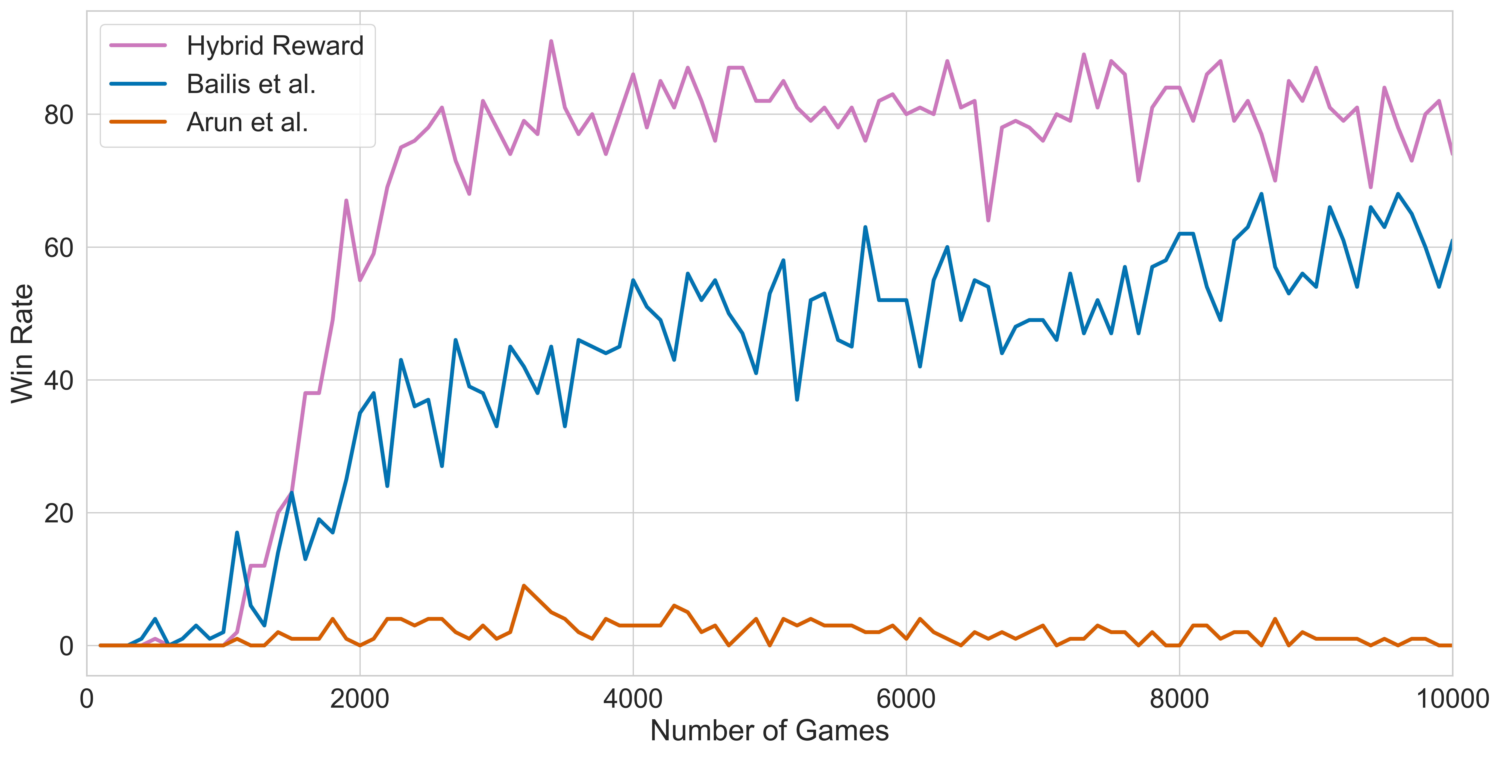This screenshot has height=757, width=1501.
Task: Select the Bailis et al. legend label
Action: tap(251, 84)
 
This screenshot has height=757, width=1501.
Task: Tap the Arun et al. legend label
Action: tap(247, 123)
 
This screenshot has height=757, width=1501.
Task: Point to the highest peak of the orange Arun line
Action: tap(524, 586)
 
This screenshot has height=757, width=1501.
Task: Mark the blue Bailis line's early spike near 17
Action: tap(237, 533)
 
